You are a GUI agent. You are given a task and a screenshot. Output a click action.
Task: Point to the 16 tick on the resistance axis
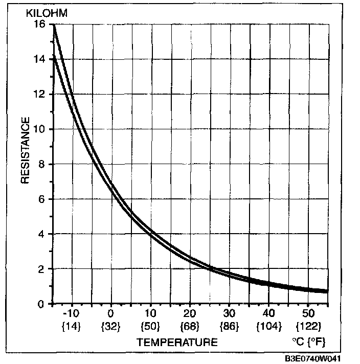click(x=40, y=24)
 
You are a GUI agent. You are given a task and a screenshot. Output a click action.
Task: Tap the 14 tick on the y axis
click(x=40, y=59)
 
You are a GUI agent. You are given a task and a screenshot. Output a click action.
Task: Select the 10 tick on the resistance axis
click(x=40, y=129)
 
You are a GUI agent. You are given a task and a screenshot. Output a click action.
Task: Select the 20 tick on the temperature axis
click(x=190, y=313)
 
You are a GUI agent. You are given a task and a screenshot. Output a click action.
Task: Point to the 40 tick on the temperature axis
click(x=268, y=313)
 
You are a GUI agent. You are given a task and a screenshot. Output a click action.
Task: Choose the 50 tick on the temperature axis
click(x=308, y=313)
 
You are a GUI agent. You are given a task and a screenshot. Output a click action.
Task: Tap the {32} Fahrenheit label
click(x=110, y=325)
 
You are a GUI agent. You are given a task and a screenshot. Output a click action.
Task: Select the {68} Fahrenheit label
click(x=190, y=325)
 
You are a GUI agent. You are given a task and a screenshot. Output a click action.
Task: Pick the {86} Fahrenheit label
click(x=229, y=325)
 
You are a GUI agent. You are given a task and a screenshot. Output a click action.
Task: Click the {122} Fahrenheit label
click(x=308, y=325)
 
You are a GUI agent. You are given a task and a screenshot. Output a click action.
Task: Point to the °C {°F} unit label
click(x=308, y=342)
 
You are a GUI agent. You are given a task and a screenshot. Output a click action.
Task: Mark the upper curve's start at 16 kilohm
click(x=53, y=26)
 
